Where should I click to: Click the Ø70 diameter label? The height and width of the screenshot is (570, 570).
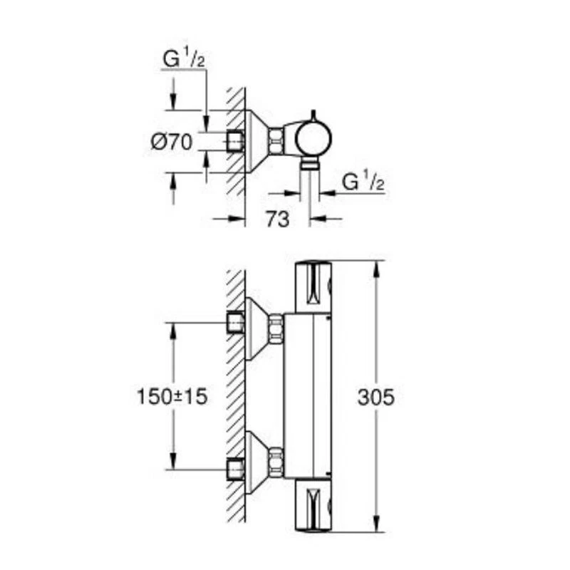click(172, 142)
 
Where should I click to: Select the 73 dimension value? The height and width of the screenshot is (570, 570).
click(277, 219)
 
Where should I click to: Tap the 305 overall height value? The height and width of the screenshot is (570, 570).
click(375, 397)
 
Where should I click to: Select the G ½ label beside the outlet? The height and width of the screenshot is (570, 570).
click(364, 182)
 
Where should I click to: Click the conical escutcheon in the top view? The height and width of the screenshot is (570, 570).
click(256, 141)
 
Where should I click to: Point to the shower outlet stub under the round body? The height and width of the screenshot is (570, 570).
click(309, 165)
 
